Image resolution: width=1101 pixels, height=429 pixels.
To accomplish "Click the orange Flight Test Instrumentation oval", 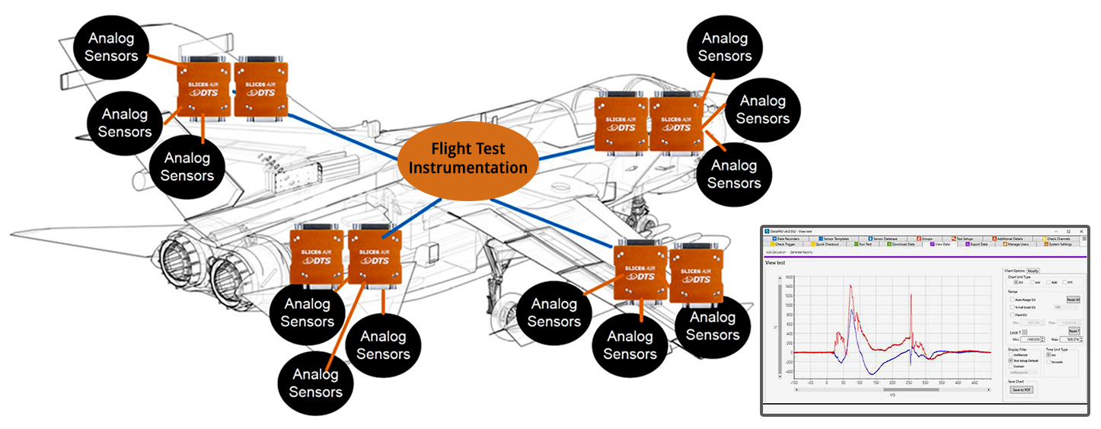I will [468, 158].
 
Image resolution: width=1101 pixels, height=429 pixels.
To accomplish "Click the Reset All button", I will [1073, 299].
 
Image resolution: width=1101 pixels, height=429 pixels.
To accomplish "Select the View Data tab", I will [940, 245].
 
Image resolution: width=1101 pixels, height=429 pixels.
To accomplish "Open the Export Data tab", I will [977, 245].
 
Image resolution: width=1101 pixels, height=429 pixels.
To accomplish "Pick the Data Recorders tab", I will [789, 239].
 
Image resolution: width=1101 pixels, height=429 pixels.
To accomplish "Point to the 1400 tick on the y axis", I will [788, 287].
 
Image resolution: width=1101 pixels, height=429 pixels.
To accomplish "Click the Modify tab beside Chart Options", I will [1033, 271].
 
